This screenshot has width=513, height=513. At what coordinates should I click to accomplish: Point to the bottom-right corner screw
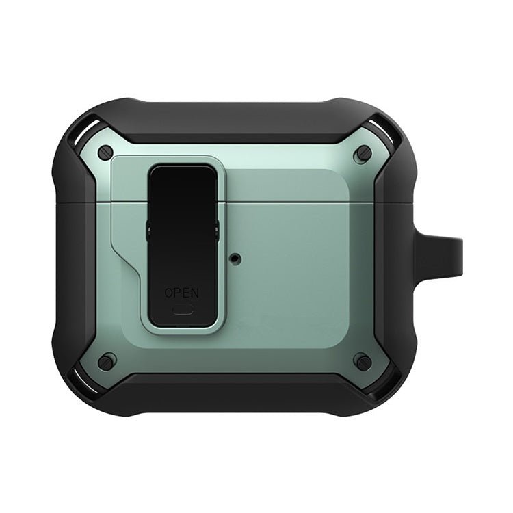pos(363,361)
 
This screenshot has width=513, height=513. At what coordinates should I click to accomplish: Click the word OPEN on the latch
pos(181,293)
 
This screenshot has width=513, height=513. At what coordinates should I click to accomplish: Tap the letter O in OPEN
pos(169,293)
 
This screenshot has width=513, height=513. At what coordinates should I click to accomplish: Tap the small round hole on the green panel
pos(237,259)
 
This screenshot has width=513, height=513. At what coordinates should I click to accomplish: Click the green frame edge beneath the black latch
pos(181,323)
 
